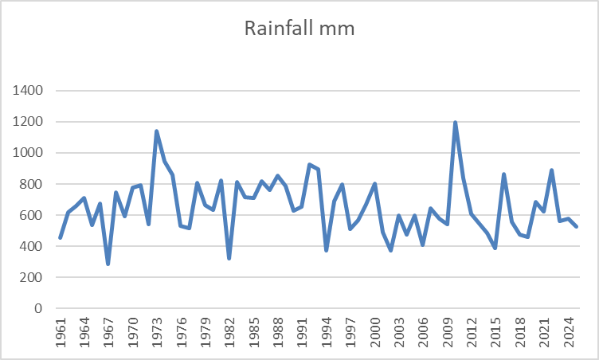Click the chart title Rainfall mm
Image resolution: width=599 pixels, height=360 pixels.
pyautogui.click(x=299, y=29)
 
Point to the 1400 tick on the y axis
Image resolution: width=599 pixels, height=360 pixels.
pyautogui.click(x=30, y=91)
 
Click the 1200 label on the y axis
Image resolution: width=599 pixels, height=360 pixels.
pyautogui.click(x=30, y=122)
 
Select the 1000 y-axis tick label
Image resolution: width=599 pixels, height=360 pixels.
pyautogui.click(x=30, y=153)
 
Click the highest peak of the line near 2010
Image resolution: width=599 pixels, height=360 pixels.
pyautogui.click(x=455, y=123)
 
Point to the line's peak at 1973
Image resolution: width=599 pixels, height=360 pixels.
pyautogui.click(x=157, y=131)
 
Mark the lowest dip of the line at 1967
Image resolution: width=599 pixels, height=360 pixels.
pyautogui.click(x=108, y=264)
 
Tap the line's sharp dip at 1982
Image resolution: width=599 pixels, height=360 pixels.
pyautogui.click(x=229, y=258)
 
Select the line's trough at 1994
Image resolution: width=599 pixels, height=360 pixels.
pyautogui.click(x=326, y=250)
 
